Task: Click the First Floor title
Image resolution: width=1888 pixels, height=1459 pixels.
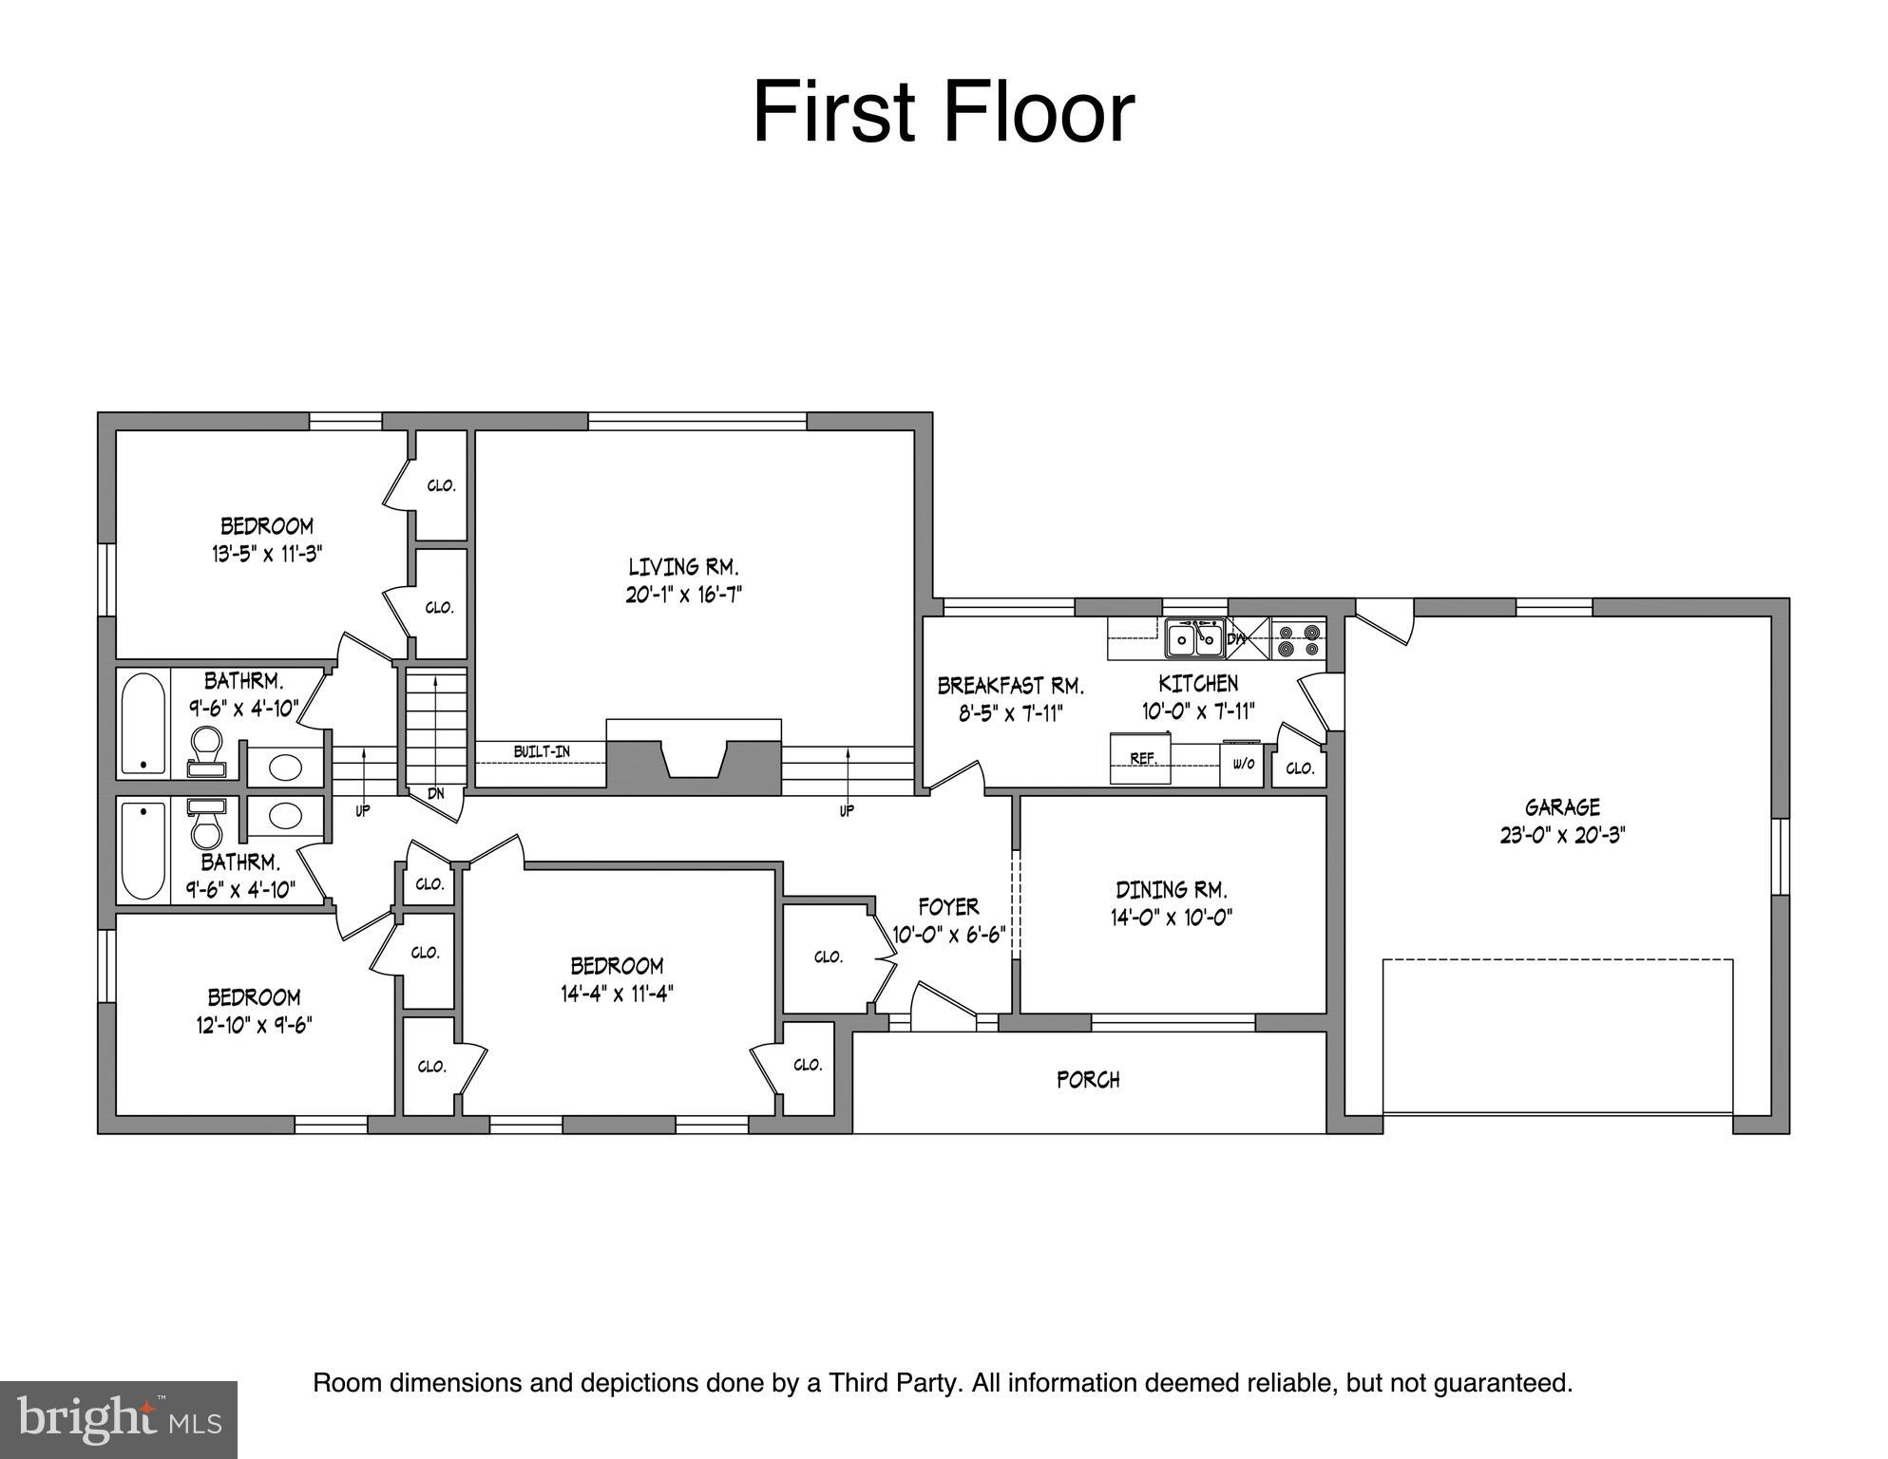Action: [x=943, y=113]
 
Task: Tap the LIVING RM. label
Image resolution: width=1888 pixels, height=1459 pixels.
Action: [x=683, y=567]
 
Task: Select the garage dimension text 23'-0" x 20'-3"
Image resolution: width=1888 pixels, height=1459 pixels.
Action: [x=1562, y=835]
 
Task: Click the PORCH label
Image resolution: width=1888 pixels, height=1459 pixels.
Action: [x=1088, y=1080]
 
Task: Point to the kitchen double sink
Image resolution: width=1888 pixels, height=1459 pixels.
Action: [x=1194, y=638]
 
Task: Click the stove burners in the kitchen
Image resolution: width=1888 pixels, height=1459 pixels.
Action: [x=1298, y=639]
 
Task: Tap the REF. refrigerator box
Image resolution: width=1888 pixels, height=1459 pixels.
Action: [x=1141, y=759]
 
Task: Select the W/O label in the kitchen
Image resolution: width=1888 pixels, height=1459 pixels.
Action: [x=1243, y=764]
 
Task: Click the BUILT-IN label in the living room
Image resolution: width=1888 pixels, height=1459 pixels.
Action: [x=542, y=751]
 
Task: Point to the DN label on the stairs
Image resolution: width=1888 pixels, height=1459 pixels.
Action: [x=435, y=792]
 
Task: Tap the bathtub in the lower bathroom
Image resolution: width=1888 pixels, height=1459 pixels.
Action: [x=143, y=851]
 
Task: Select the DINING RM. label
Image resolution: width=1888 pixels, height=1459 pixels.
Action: [x=1171, y=890]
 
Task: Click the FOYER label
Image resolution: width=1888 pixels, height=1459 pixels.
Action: [x=948, y=906]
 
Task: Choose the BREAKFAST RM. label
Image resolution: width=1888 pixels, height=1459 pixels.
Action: [x=1010, y=685]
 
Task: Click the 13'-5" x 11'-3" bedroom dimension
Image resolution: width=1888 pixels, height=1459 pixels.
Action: [x=267, y=554]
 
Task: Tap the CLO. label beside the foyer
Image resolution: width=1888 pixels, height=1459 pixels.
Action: [x=829, y=957]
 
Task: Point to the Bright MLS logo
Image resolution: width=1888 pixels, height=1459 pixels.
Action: [x=119, y=1419]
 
